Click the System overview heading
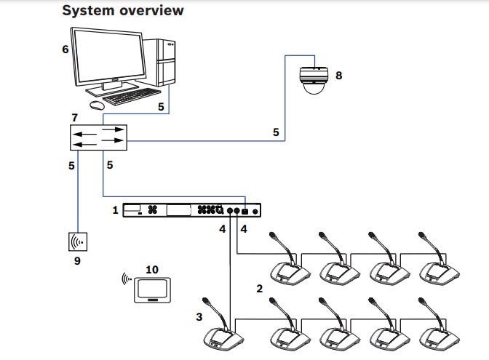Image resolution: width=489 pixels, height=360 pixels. pos(122,11)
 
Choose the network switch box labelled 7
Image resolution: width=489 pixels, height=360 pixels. pos(98,137)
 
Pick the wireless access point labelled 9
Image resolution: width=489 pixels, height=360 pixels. pos(79,240)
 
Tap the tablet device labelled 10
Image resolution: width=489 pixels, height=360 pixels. pos(151,289)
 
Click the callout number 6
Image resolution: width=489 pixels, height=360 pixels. pos(65,49)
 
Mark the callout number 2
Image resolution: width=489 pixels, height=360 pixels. pos(260,289)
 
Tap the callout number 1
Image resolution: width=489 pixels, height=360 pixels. pos(114,210)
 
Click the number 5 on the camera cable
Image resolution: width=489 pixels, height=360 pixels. pos(275,132)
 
